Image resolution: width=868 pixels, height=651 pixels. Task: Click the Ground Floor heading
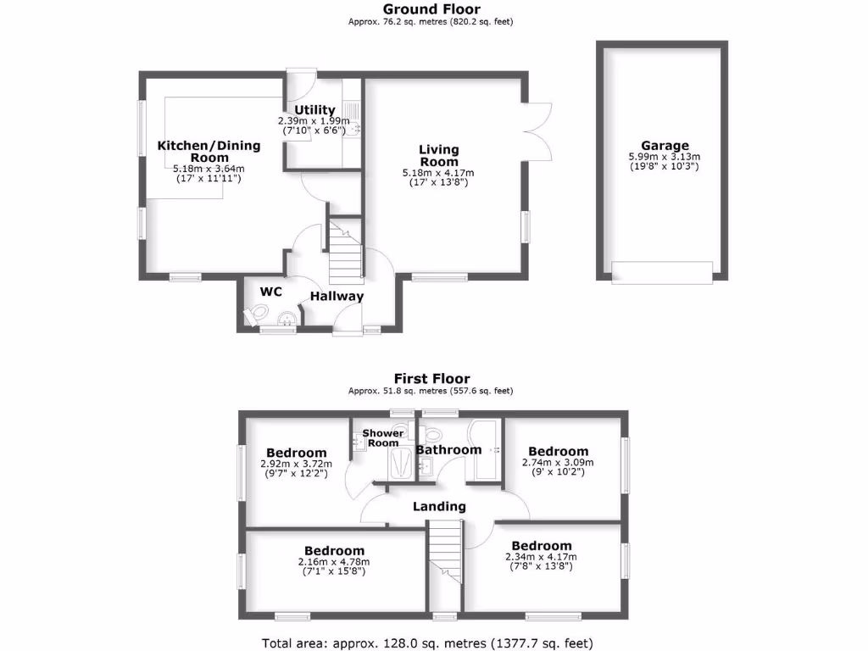point(431,10)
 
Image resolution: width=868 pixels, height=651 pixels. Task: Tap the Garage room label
point(664,146)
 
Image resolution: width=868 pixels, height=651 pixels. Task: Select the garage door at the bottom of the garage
point(661,272)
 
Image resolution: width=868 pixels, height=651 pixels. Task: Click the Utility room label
point(314,110)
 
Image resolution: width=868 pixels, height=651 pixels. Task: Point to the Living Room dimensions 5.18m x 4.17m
point(438,173)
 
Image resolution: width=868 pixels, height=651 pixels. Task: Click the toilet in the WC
point(253,315)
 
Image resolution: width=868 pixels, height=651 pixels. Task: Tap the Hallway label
point(337,296)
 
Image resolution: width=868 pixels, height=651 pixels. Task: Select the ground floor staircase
point(344,249)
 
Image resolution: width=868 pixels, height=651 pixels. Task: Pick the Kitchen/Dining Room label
point(209,151)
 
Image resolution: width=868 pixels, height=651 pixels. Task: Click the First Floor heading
point(431,379)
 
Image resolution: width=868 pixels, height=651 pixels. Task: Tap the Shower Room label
point(383,437)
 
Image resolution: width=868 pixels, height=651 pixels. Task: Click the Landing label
point(439,506)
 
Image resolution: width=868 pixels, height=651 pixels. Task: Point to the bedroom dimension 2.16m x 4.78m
point(334,561)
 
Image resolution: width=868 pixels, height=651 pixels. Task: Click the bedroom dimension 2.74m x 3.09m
point(558,463)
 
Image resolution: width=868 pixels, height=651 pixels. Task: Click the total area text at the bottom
point(433,642)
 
